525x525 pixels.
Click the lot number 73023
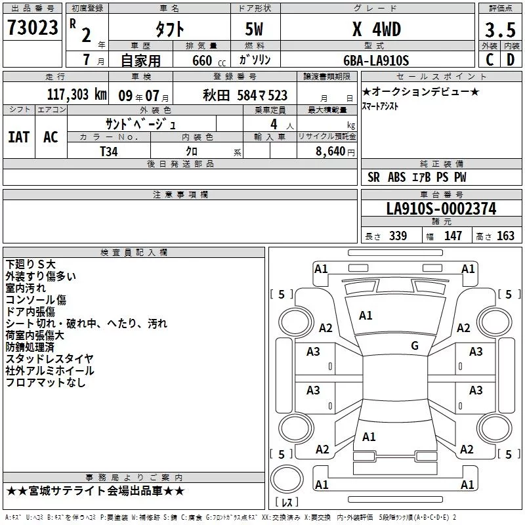pyautogui.click(x=32, y=28)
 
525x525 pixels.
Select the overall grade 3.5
pyautogui.click(x=500, y=30)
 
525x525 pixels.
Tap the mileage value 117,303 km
pyautogui.click(x=77, y=94)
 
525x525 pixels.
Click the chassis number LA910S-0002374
pyautogui.click(x=441, y=209)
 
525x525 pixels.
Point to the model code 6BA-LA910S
pyautogui.click(x=376, y=60)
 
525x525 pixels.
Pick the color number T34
pyautogui.click(x=109, y=152)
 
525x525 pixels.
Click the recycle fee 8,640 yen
pyautogui.click(x=335, y=152)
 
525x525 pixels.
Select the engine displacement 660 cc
pyautogui.click(x=209, y=60)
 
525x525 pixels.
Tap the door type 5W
pyautogui.click(x=254, y=29)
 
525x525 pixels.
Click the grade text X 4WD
pyautogui.click(x=376, y=29)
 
